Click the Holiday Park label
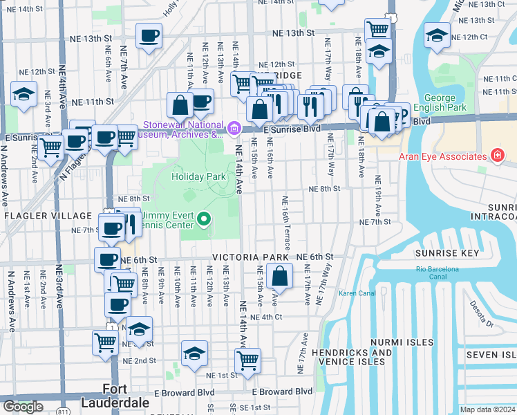(x=199, y=176)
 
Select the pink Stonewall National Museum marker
(x=234, y=128)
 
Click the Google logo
(x=23, y=407)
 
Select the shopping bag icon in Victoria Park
(x=279, y=276)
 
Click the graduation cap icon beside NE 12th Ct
(x=437, y=35)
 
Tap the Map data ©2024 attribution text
(x=487, y=409)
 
